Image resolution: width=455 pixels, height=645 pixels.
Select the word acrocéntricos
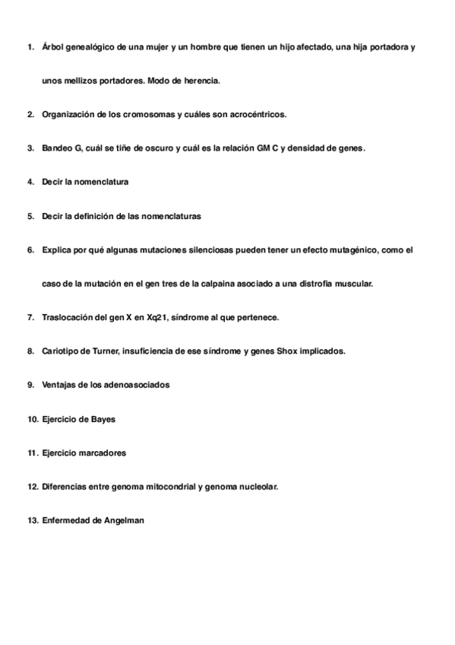257,114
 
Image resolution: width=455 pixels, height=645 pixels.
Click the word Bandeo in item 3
57,148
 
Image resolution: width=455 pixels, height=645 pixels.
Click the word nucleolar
258,486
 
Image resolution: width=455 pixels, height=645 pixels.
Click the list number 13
32,520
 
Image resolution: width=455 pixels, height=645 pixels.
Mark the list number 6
30,249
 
